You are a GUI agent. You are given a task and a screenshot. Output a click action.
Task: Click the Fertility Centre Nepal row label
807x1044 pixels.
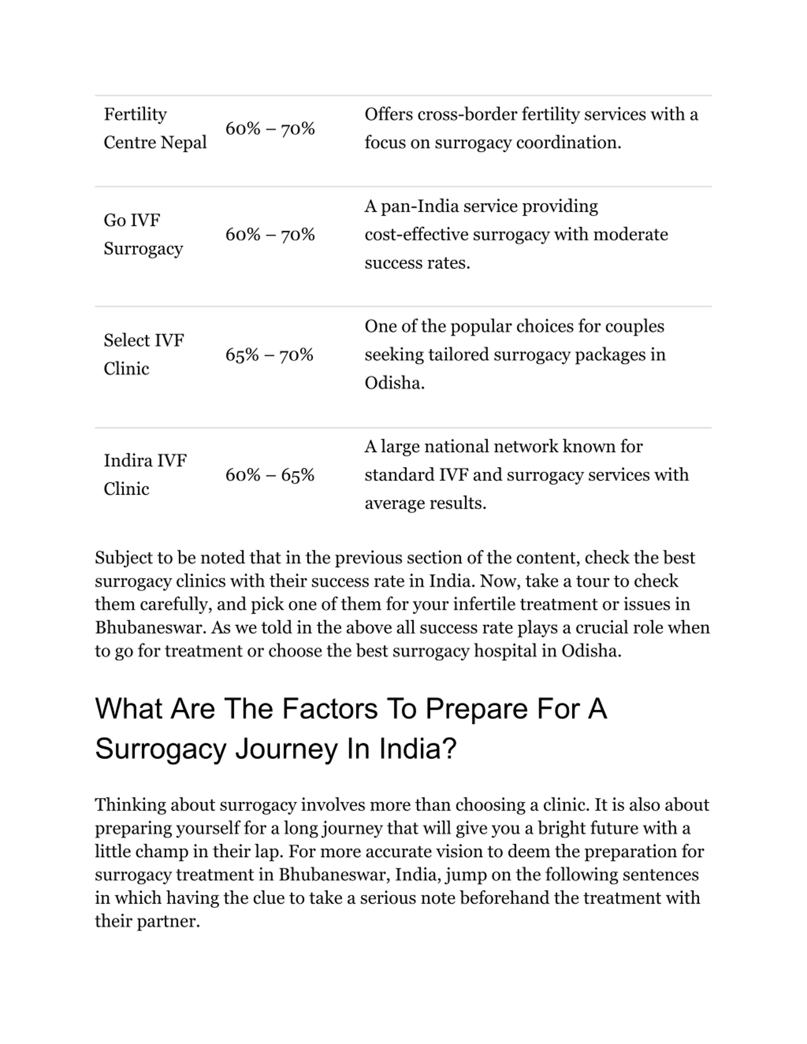(155, 128)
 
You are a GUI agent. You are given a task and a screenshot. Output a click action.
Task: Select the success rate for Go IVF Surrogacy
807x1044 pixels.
(270, 235)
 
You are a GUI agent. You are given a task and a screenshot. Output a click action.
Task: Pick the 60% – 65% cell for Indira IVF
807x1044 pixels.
(270, 475)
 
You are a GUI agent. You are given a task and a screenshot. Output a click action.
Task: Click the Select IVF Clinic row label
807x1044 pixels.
(143, 354)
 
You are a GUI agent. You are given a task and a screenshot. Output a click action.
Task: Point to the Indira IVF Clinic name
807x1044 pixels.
(145, 474)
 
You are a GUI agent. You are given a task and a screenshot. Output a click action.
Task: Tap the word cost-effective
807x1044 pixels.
(416, 235)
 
